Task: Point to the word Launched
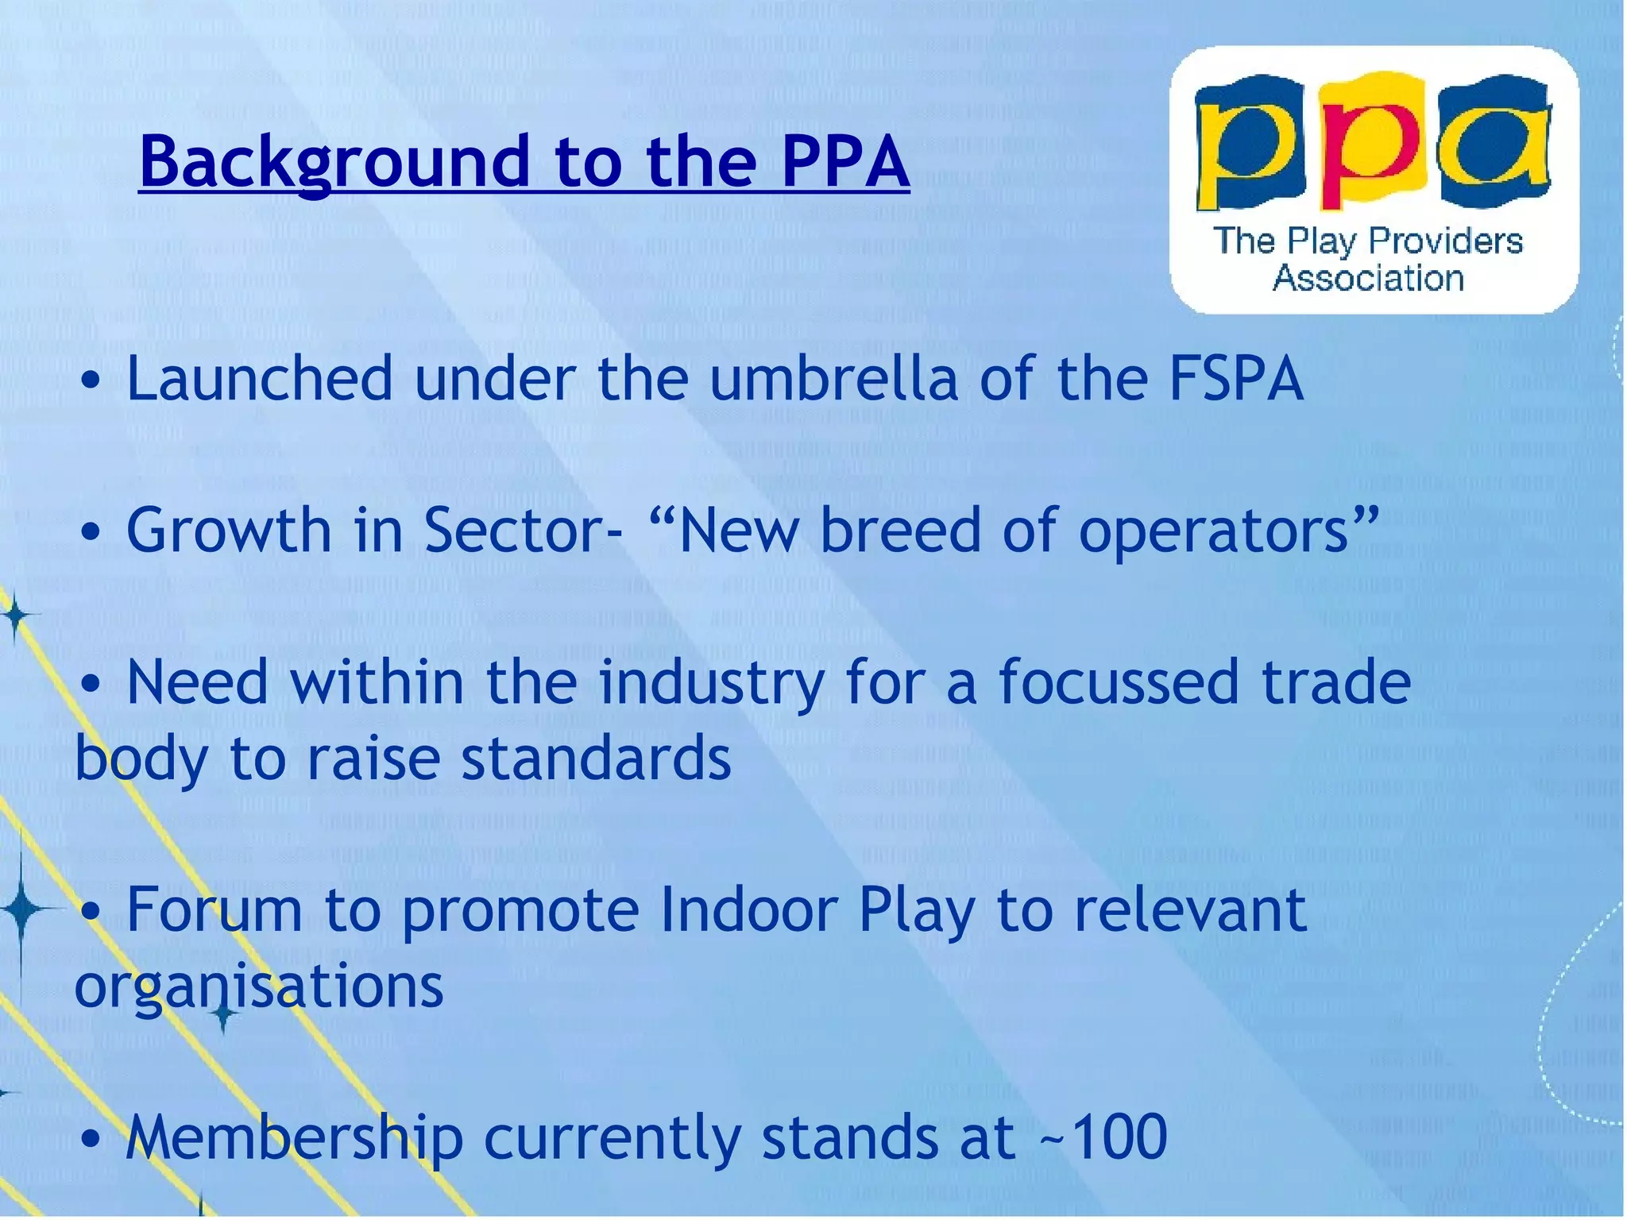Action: (260, 379)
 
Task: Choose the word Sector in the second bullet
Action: (513, 531)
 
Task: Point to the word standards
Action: (596, 759)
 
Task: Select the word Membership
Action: (294, 1137)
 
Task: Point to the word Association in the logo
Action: (1368, 279)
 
